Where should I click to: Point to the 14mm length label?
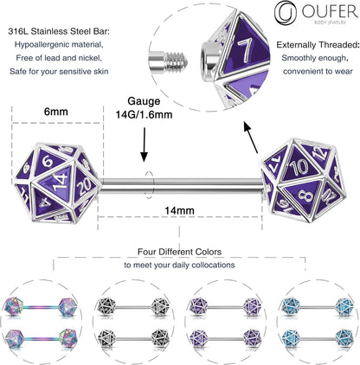[x=178, y=208]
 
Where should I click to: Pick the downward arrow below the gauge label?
[x=145, y=152]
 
